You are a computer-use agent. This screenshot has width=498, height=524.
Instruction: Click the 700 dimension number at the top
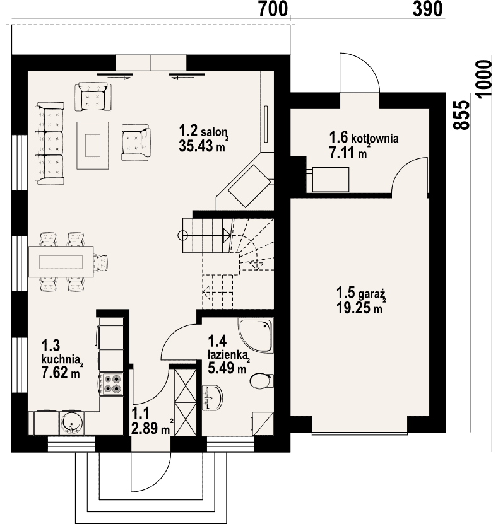[273, 9]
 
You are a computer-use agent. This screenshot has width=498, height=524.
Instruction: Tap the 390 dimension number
[427, 9]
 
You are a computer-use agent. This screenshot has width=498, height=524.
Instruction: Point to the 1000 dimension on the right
[485, 79]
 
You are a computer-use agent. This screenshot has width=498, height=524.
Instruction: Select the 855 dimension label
[461, 115]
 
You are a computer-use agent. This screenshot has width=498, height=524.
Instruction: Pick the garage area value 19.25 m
[359, 308]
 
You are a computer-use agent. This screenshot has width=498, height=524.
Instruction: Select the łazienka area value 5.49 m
[227, 368]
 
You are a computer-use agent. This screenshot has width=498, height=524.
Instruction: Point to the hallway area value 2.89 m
[150, 428]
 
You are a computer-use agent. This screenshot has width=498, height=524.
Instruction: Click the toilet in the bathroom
[261, 381]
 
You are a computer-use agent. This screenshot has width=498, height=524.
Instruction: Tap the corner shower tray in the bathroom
[256, 335]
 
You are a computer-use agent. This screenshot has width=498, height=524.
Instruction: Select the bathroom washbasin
[212, 397]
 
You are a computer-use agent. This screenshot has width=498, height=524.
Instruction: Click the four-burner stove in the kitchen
[112, 384]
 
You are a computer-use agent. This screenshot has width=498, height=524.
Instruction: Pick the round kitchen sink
[72, 422]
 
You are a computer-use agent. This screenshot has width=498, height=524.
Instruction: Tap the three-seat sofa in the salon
[49, 143]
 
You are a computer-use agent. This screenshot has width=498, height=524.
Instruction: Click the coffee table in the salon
[93, 146]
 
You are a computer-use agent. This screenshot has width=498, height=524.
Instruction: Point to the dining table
[61, 262]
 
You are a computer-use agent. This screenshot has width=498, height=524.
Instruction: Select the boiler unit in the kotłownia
[331, 180]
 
